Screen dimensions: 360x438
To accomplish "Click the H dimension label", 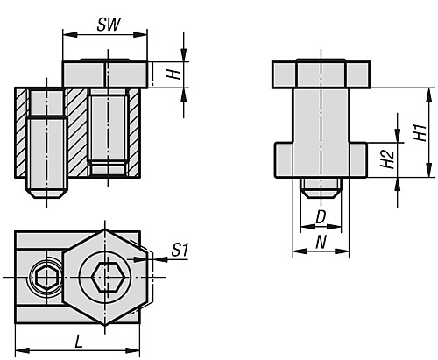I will point(175,75).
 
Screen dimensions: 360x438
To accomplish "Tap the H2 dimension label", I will point(386,159).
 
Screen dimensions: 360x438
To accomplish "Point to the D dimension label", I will point(321,215).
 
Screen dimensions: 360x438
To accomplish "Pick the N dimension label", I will point(321,237).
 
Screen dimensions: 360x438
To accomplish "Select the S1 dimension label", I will point(180,251).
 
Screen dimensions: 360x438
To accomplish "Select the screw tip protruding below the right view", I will point(321,187).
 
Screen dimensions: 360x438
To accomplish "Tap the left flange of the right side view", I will point(286,159).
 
